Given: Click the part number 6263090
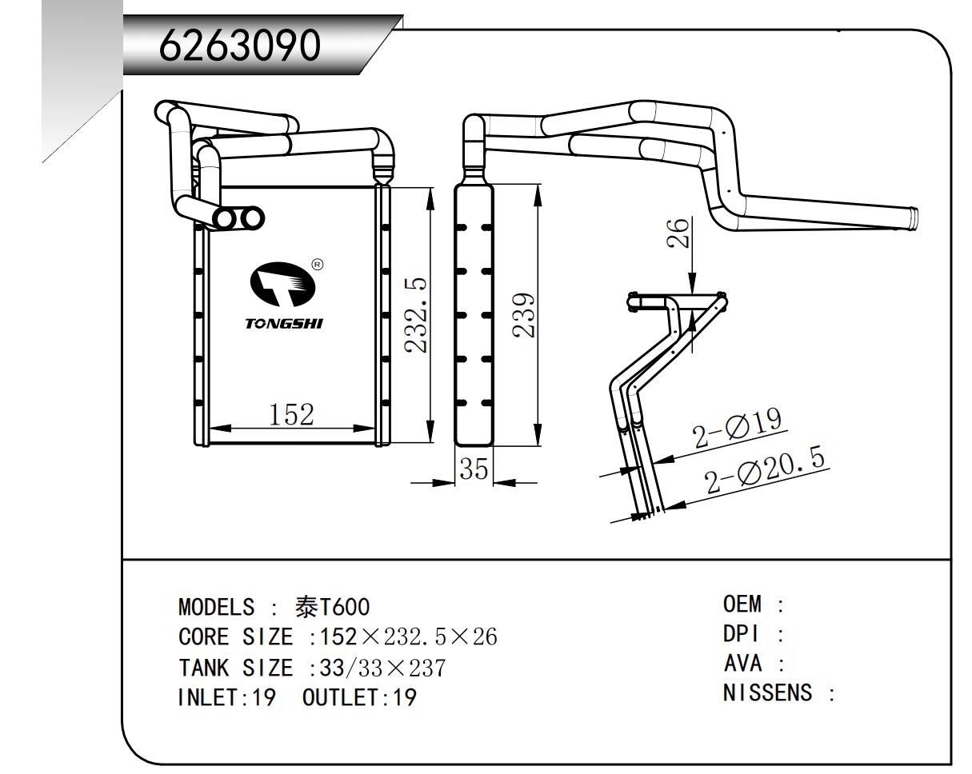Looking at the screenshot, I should click(x=240, y=46).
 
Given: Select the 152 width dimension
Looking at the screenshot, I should click(x=291, y=415).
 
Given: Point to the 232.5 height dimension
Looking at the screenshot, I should click(x=415, y=315).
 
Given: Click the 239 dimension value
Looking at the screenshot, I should click(x=524, y=315).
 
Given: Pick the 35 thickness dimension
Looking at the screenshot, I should click(x=474, y=469).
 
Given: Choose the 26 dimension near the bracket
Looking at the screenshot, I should click(x=678, y=233).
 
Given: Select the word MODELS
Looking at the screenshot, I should click(x=217, y=608).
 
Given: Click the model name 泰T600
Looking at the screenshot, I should click(x=332, y=608).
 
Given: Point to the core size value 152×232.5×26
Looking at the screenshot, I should click(x=408, y=637).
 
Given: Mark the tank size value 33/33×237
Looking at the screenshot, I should click(x=382, y=668).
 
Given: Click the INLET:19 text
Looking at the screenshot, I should click(x=226, y=698).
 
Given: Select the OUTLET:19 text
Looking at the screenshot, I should click(x=359, y=698).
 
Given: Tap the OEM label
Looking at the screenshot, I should click(x=742, y=604).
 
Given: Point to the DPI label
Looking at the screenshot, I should click(x=741, y=634).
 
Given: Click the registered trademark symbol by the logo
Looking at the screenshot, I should click(x=318, y=264).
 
